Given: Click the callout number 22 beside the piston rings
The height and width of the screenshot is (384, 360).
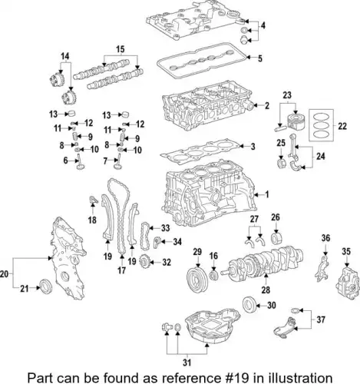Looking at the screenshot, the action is [x=342, y=126].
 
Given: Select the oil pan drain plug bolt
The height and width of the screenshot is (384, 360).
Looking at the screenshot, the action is [x=167, y=327].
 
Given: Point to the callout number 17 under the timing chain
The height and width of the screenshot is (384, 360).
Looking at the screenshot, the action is [x=121, y=270].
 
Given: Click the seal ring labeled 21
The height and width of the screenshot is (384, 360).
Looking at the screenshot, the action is [x=46, y=286].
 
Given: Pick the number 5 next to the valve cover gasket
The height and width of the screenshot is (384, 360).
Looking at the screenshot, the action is [x=260, y=58].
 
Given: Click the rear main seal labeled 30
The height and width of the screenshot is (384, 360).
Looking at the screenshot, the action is [x=249, y=304].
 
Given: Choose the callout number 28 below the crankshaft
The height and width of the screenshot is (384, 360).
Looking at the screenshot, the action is [x=266, y=290].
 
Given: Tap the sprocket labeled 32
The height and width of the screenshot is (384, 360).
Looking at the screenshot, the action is [x=144, y=262].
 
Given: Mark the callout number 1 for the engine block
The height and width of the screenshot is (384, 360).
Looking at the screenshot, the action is [x=267, y=195].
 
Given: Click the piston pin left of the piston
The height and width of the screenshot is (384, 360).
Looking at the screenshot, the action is [x=281, y=127].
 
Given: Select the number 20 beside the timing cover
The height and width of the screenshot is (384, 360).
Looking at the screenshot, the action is [x=5, y=274].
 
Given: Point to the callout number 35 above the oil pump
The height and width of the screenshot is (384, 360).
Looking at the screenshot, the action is [x=346, y=252].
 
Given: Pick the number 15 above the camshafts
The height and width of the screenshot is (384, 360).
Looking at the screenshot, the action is [x=121, y=49].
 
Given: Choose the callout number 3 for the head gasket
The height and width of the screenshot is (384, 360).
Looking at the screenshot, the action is [x=253, y=147].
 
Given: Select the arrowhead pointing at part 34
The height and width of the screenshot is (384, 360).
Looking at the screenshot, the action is [x=163, y=241].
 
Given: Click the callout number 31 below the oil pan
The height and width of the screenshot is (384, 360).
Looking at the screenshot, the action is [x=187, y=362].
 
